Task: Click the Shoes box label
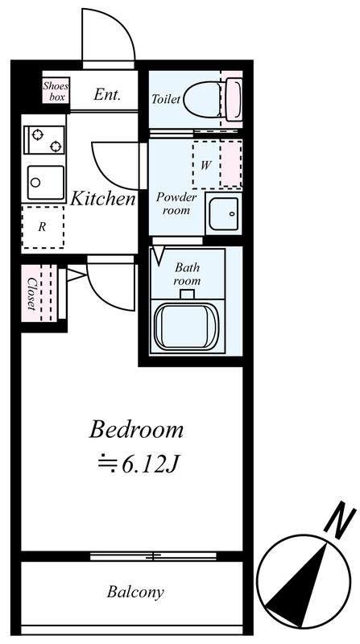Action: pyautogui.click(x=56, y=92)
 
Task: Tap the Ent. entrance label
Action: pyautogui.click(x=107, y=95)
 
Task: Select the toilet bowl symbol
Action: pyautogui.click(x=213, y=99)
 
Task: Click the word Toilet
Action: pyautogui.click(x=166, y=99)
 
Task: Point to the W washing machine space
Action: pyautogui.click(x=217, y=164)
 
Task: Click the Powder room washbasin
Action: pyautogui.click(x=223, y=213)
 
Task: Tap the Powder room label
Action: pyautogui.click(x=176, y=204)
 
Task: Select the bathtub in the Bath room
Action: pyautogui.click(x=187, y=328)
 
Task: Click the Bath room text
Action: pyautogui.click(x=187, y=275)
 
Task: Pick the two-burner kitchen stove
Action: pyautogui.click(x=44, y=140)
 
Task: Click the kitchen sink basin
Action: pyautogui.click(x=45, y=182)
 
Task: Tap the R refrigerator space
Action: pyautogui.click(x=43, y=227)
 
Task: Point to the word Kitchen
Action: pyautogui.click(x=103, y=199)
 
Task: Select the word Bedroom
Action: pyautogui.click(x=136, y=430)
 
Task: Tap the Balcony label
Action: pyautogui.click(x=135, y=592)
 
